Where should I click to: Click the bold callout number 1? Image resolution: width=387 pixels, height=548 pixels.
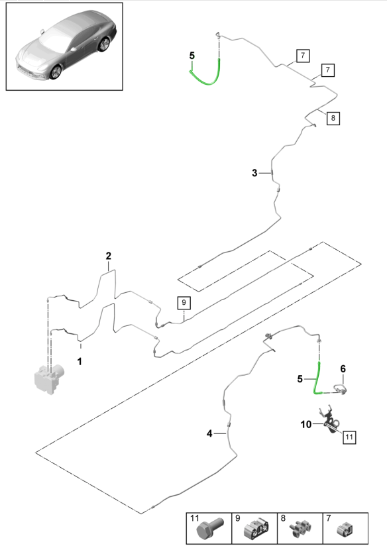click(80, 361)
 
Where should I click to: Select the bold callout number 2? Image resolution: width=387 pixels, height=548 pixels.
click(109, 256)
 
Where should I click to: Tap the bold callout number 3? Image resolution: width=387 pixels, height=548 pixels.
click(254, 173)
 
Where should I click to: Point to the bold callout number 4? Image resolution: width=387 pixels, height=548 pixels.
click(209, 434)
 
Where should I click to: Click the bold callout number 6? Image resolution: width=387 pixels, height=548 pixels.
click(343, 368)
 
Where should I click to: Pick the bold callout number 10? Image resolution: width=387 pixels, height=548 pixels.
click(306, 424)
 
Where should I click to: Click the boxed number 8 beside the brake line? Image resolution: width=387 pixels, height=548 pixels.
click(333, 118)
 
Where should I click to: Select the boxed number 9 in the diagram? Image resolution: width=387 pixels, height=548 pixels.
click(184, 303)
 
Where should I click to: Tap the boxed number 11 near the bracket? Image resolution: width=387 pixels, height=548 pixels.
click(349, 437)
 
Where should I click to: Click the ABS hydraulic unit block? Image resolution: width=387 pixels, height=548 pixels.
click(49, 379)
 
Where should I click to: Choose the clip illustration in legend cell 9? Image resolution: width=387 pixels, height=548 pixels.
click(256, 529)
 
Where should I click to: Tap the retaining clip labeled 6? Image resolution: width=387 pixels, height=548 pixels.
click(340, 388)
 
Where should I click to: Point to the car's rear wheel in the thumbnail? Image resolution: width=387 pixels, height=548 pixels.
click(104, 44)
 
